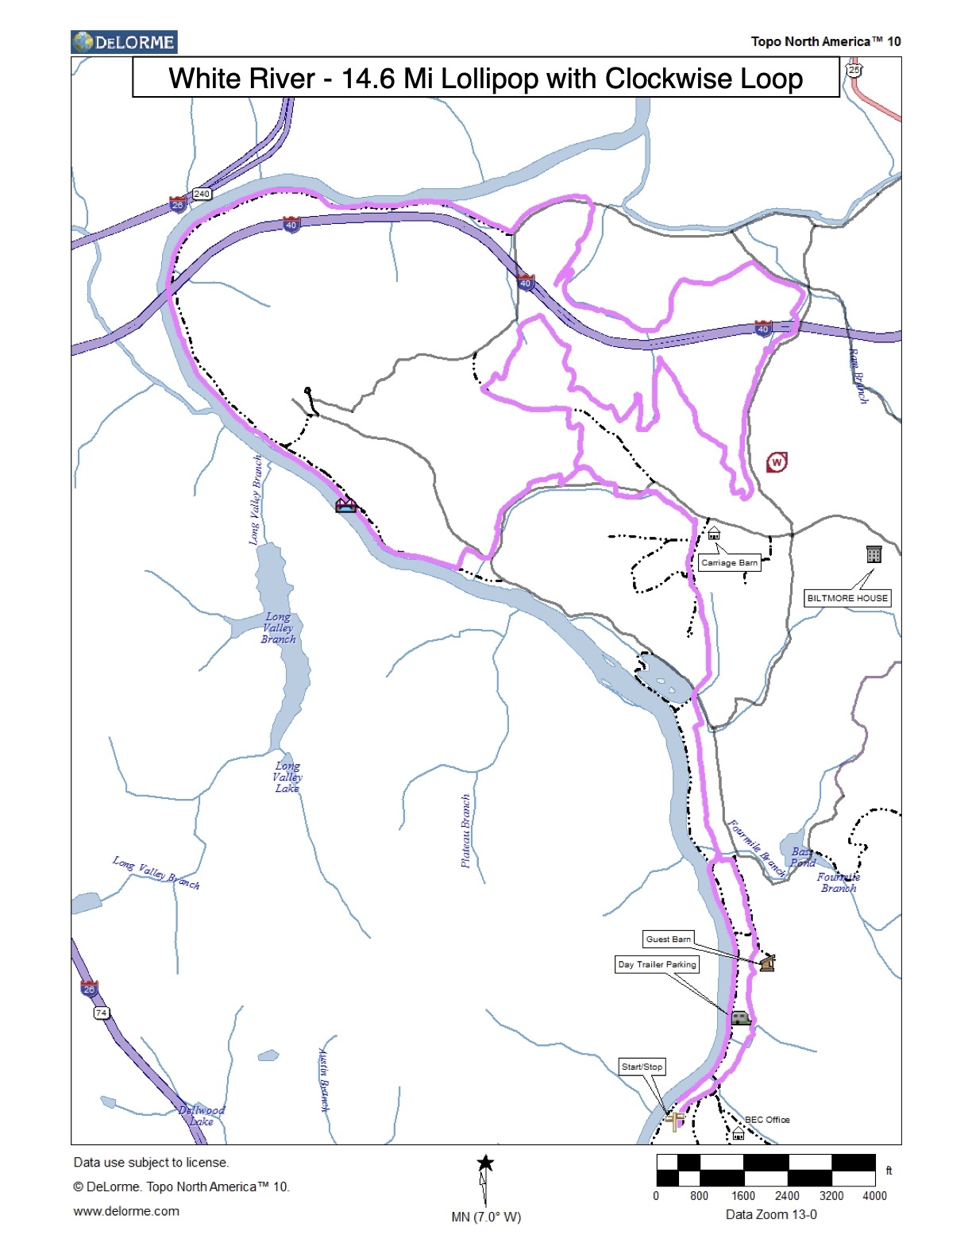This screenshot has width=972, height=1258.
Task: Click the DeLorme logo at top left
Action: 124,42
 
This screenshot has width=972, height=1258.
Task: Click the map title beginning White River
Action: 485,79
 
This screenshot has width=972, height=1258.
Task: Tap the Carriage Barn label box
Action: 729,563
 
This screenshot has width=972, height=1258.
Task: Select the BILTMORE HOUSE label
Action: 847,598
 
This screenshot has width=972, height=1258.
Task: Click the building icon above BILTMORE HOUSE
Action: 874,554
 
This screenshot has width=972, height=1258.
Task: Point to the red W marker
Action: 777,461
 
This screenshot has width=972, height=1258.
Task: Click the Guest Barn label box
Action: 668,940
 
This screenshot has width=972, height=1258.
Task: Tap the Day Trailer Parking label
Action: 657,964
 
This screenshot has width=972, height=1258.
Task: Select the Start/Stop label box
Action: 642,1067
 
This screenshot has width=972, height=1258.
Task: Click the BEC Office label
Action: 767,1120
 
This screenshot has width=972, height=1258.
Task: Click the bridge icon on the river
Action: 345,505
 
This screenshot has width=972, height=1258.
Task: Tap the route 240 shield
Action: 202,194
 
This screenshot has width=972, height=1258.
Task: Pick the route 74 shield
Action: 101,1013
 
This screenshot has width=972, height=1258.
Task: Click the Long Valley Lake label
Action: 287,778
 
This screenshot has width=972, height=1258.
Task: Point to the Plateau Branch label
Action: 466,831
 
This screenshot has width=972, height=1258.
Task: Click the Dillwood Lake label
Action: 202,1116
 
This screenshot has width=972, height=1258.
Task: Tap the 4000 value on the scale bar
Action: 874,1196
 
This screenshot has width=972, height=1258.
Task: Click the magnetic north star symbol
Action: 485,1164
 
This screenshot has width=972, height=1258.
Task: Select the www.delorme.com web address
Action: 126,1211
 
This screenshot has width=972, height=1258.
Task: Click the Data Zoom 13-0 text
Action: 771,1214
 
